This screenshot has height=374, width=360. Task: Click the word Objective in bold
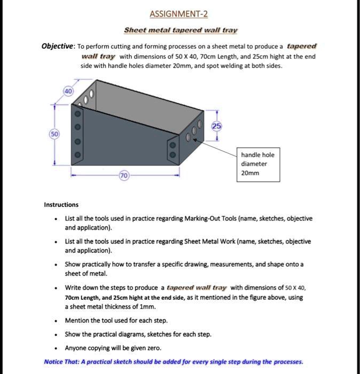pyautogui.click(x=58, y=46)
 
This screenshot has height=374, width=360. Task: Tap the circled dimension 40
pyautogui.click(x=68, y=91)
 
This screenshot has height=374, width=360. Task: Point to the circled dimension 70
pyautogui.click(x=123, y=175)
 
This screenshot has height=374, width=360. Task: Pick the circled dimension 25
pyautogui.click(x=216, y=126)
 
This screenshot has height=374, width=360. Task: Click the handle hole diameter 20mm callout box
pyautogui.click(x=257, y=163)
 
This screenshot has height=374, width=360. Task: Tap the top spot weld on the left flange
pyautogui.click(x=77, y=114)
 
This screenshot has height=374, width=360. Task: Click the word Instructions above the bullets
pyautogui.click(x=61, y=205)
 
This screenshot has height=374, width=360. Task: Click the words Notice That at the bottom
pyautogui.click(x=61, y=361)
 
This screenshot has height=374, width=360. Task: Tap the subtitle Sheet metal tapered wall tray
pyautogui.click(x=181, y=30)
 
